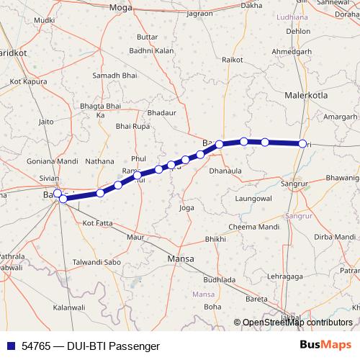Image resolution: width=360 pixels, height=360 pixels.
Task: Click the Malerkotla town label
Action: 307,94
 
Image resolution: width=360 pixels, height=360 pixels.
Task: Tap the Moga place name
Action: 117,7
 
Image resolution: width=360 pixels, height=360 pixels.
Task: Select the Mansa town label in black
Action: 181,258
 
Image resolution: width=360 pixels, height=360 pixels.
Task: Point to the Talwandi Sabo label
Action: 97,262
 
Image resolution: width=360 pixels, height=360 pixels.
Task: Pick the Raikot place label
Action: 233,60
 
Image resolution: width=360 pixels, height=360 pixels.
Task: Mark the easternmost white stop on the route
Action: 302,144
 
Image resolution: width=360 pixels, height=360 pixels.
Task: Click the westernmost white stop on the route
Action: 58,194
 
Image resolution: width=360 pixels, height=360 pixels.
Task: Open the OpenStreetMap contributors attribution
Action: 297,323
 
